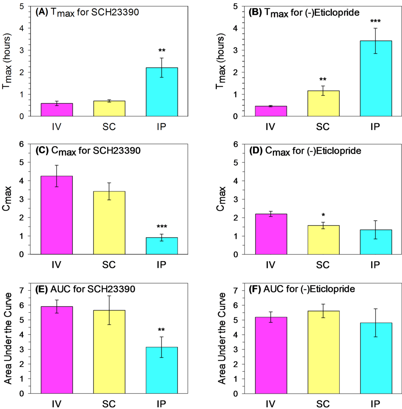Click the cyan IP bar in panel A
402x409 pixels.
point(162,92)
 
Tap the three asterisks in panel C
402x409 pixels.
point(162,227)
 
